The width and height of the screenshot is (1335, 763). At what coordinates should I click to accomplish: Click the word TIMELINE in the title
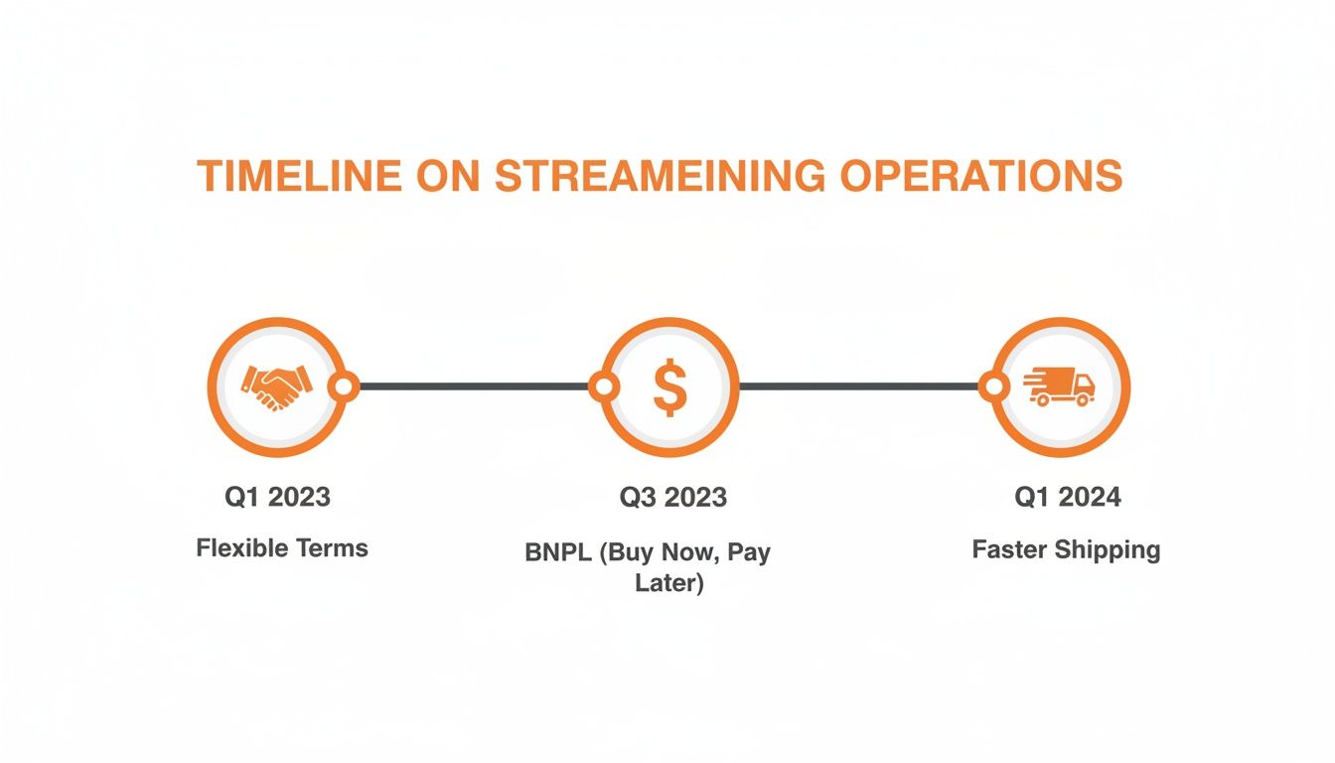(x=299, y=176)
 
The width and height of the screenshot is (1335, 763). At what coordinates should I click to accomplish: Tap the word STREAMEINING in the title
(x=659, y=176)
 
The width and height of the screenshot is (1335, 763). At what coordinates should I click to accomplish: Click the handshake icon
(x=276, y=386)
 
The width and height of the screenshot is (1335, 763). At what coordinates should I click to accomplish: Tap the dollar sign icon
(x=669, y=386)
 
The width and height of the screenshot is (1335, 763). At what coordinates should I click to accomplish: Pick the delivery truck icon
(x=1060, y=385)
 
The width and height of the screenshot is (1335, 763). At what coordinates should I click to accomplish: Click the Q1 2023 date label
(x=277, y=497)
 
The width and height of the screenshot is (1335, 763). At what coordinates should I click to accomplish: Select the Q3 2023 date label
(x=672, y=497)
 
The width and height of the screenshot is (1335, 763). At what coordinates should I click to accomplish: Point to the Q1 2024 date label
(x=1067, y=497)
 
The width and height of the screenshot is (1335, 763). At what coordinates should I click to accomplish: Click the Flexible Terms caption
(x=282, y=547)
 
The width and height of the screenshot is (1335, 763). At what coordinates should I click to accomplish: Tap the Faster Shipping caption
(x=1066, y=549)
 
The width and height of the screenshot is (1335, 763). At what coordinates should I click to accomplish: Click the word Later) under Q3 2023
(x=669, y=583)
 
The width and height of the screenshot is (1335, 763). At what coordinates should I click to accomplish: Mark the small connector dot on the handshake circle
(x=344, y=386)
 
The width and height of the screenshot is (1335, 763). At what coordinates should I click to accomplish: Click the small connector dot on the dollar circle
(x=603, y=386)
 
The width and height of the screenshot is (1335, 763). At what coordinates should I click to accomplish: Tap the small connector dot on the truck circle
(x=992, y=386)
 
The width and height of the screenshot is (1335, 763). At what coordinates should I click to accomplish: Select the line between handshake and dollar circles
(x=473, y=386)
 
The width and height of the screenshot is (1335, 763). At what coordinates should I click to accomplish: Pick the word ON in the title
(x=448, y=176)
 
